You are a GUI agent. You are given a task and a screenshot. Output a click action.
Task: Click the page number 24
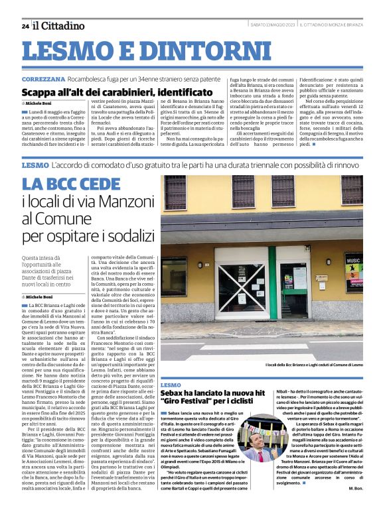pyautogui.click(x=25, y=26)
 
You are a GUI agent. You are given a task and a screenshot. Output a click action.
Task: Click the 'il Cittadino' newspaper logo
pyautogui.click(x=59, y=25)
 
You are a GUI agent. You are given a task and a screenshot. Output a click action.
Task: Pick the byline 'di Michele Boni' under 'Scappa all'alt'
pyautogui.click(x=38, y=104)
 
